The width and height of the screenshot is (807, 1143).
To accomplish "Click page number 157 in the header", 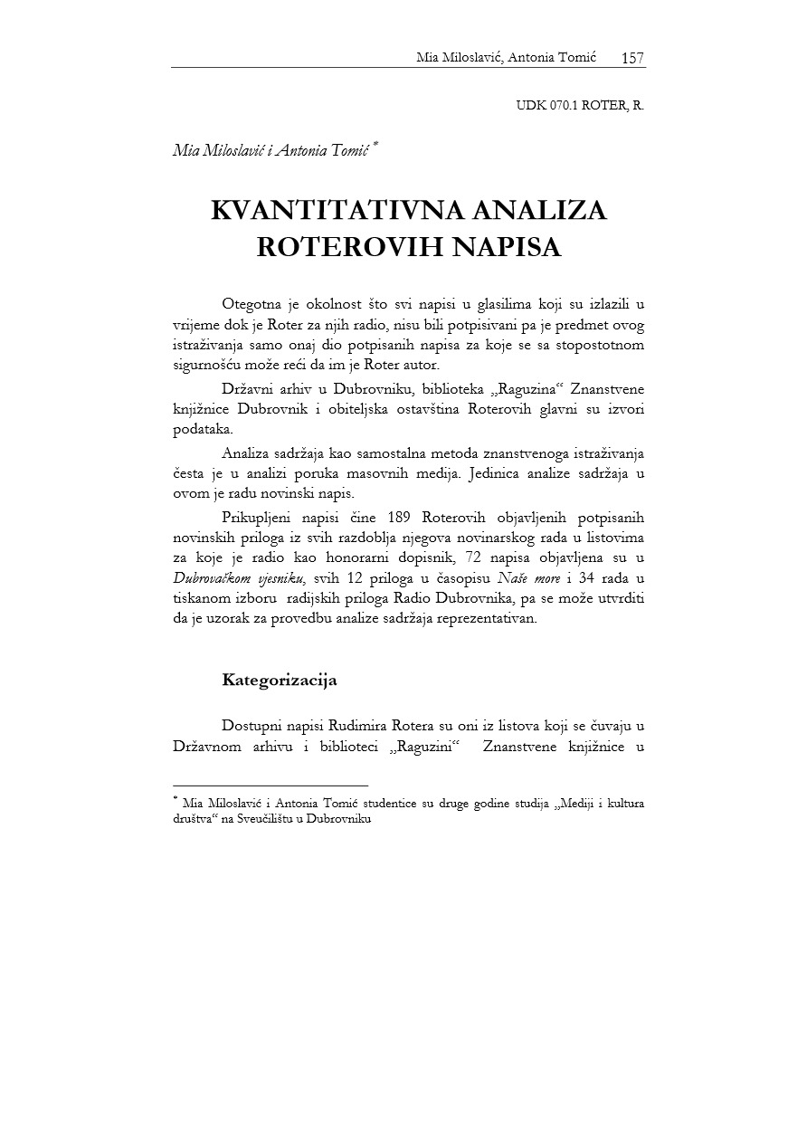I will point(632,58).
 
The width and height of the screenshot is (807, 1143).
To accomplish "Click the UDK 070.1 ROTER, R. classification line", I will point(580,105).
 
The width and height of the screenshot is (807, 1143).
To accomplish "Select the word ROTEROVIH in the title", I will point(331,248).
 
